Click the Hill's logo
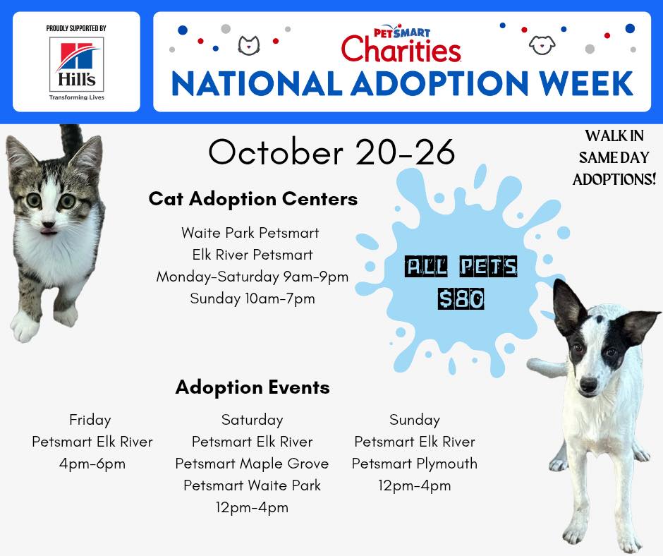tap(77, 64)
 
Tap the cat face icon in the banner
tap(248, 45)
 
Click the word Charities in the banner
tap(401, 49)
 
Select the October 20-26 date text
tap(331, 152)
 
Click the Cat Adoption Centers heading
tap(253, 199)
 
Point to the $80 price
tap(461, 298)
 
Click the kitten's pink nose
tap(48, 224)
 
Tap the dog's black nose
tap(588, 385)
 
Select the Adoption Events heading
tap(253, 387)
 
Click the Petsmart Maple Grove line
tap(252, 464)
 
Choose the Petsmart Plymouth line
tap(415, 464)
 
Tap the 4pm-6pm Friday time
tap(92, 464)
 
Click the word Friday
tap(90, 420)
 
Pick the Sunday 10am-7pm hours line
tap(253, 298)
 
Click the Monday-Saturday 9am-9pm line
tap(253, 277)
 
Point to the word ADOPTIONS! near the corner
tap(614, 179)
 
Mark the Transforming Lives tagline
tap(77, 97)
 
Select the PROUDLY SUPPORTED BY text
tap(76, 28)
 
